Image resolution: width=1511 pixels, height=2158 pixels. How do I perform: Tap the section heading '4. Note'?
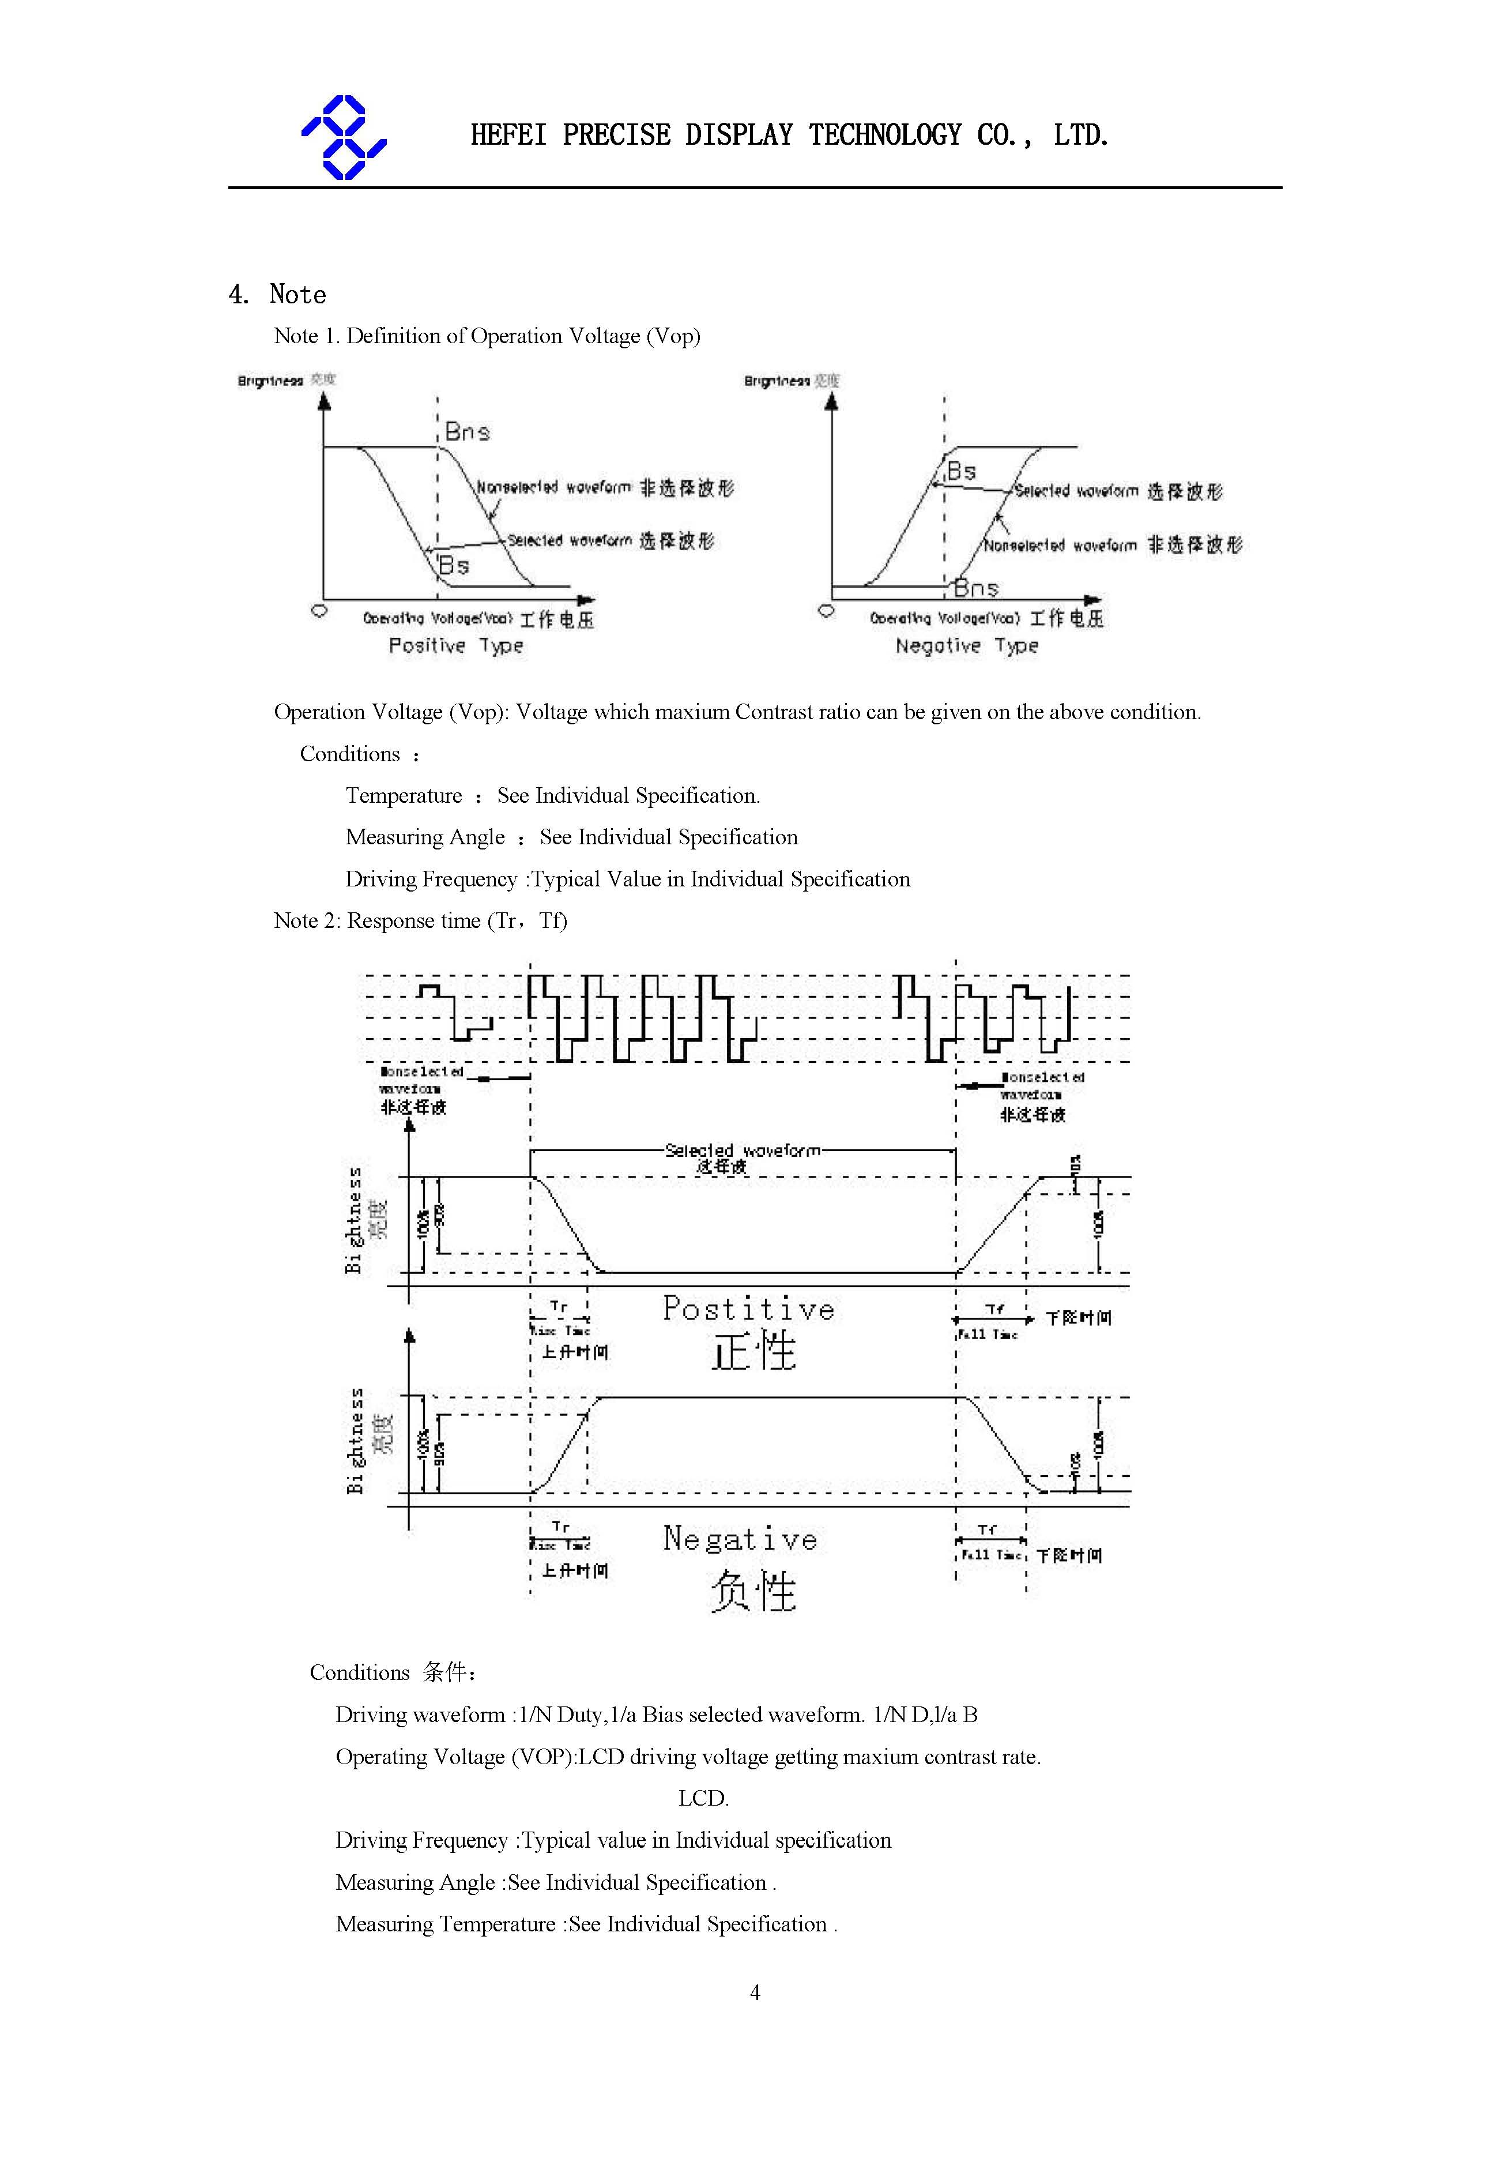[x=277, y=294]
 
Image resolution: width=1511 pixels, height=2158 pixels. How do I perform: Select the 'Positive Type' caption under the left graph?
[x=456, y=646]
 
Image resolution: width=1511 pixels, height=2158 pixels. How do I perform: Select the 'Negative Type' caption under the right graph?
[x=966, y=646]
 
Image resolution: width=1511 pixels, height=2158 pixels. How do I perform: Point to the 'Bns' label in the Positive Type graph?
[x=467, y=433]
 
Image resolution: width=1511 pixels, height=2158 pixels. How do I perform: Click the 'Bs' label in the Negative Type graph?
[x=961, y=471]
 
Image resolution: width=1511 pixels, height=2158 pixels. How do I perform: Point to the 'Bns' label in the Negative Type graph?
[x=977, y=588]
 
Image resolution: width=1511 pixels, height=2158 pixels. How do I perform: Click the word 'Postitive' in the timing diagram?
[x=748, y=1309]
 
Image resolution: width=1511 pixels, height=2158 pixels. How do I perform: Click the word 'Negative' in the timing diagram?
[x=740, y=1539]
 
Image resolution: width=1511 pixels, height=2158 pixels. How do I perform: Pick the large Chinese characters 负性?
[x=753, y=1591]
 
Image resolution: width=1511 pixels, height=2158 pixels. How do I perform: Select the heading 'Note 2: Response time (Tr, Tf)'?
[x=420, y=921]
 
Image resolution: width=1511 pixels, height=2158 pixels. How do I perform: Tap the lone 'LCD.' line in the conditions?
[x=703, y=1798]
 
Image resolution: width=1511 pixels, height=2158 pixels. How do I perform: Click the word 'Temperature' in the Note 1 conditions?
[x=404, y=796]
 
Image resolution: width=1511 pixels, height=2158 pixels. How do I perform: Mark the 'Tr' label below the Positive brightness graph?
[x=559, y=1306]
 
